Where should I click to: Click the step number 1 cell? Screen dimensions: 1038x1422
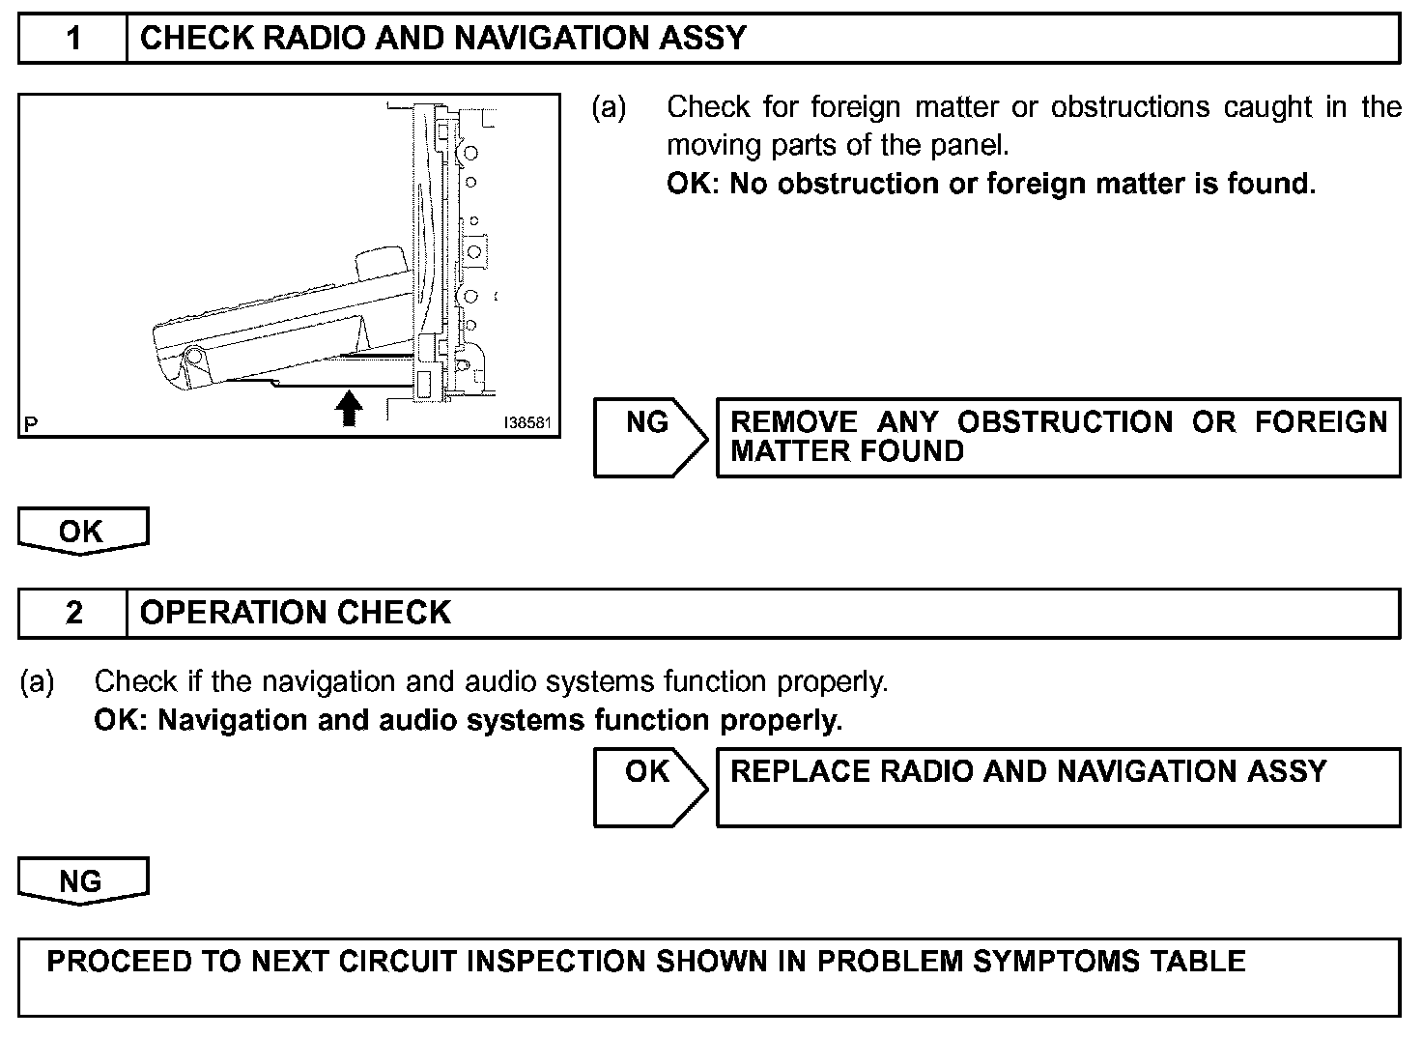coord(73,39)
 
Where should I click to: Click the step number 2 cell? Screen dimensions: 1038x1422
coord(73,613)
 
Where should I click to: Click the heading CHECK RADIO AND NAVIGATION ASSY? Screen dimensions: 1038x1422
coord(443,39)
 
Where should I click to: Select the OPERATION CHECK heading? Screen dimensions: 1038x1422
coord(296,613)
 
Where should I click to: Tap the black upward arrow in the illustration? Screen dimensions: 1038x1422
coord(349,408)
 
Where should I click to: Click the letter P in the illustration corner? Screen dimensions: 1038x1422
coord(32,423)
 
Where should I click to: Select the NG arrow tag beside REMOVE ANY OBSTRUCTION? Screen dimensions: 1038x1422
coord(649,437)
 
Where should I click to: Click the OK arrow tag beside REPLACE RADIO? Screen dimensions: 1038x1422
coord(649,786)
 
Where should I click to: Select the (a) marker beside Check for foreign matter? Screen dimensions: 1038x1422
coord(609,107)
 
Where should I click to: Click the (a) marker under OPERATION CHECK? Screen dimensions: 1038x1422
coord(38,682)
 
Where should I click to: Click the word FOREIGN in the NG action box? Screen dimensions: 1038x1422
coord(1321,422)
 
